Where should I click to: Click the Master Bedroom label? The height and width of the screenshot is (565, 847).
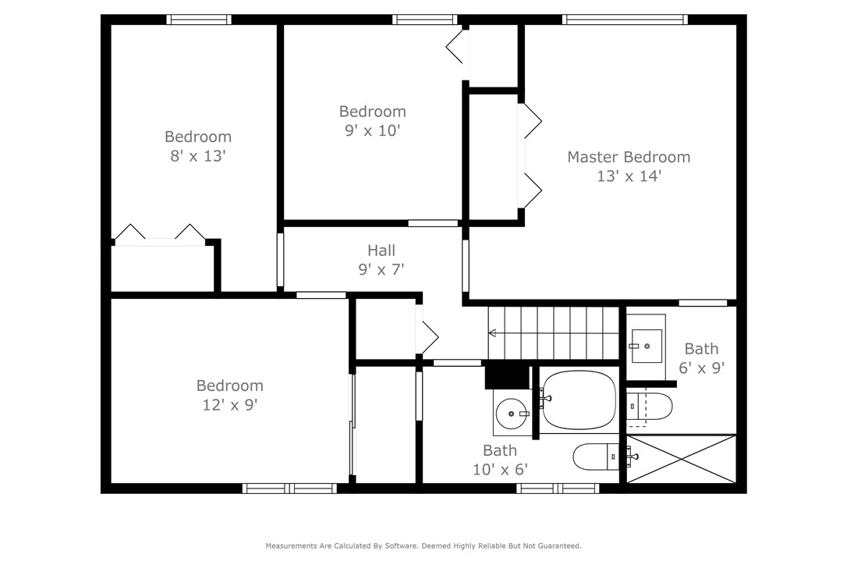(628, 157)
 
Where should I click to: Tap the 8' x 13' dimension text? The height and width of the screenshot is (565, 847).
(197, 156)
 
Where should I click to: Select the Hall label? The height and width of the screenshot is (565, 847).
(381, 251)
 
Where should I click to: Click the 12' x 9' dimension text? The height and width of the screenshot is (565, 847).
(229, 405)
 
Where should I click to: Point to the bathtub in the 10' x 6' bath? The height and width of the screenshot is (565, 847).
(579, 399)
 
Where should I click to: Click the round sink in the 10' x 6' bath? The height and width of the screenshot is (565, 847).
(511, 412)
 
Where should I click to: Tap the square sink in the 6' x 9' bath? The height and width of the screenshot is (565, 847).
(647, 346)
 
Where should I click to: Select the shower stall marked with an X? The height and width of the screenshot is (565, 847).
(682, 459)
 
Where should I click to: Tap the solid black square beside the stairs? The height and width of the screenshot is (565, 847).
(507, 377)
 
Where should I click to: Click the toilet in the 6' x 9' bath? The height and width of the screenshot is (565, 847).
(651, 407)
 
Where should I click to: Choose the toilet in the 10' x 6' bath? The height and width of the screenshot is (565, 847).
(596, 457)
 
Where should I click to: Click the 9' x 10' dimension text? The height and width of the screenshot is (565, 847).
(372, 131)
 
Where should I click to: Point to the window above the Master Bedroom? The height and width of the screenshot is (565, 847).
(625, 20)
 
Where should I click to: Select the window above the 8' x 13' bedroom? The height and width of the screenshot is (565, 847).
(200, 20)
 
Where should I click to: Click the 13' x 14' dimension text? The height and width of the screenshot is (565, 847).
(629, 176)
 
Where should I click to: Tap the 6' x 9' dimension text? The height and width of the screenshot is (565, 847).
(701, 368)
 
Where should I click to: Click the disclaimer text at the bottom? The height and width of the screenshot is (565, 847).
(423, 546)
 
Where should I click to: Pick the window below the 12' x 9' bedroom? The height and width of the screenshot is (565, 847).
(289, 489)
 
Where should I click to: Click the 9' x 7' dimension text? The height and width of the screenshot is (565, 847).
(381, 270)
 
